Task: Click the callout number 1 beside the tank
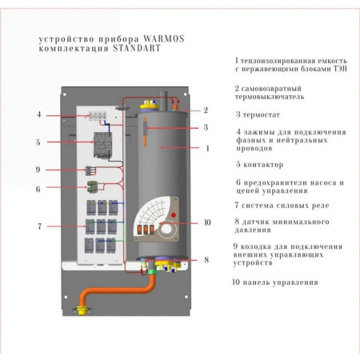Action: click(208, 148)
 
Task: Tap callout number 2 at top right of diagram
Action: click(206, 110)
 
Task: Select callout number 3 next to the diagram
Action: click(206, 127)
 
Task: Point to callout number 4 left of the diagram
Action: click(38, 114)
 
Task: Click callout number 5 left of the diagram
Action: click(38, 142)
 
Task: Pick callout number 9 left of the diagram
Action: click(38, 170)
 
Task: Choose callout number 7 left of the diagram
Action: click(38, 226)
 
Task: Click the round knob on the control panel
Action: click(170, 234)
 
